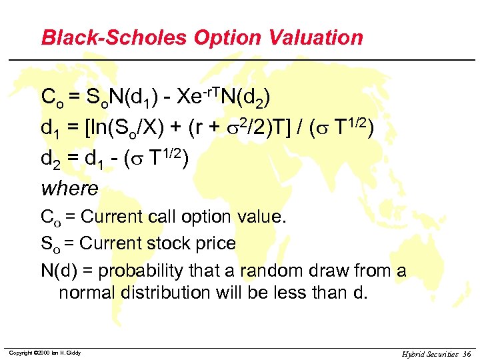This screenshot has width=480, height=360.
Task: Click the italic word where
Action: pos(70,189)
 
